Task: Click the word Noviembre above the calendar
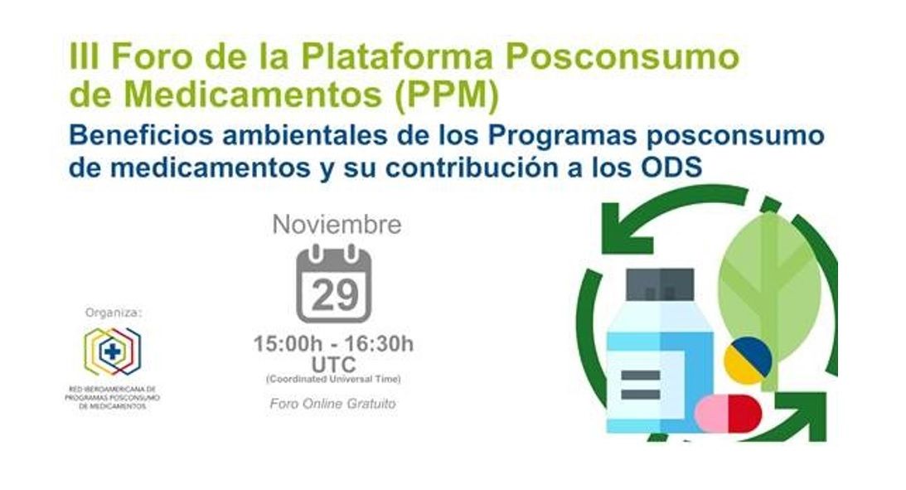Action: (x=337, y=225)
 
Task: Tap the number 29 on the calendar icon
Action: (x=335, y=296)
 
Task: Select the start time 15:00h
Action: (x=287, y=344)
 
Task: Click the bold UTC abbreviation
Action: (x=333, y=365)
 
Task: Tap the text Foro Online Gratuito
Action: (x=333, y=403)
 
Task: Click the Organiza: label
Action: (x=114, y=313)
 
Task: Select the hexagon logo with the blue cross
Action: (x=112, y=352)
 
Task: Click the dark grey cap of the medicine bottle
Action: (x=660, y=284)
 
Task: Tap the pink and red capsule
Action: (x=728, y=414)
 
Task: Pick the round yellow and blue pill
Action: (x=749, y=361)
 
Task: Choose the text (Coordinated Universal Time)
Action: (x=333, y=380)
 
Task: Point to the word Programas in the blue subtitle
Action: (x=562, y=136)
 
